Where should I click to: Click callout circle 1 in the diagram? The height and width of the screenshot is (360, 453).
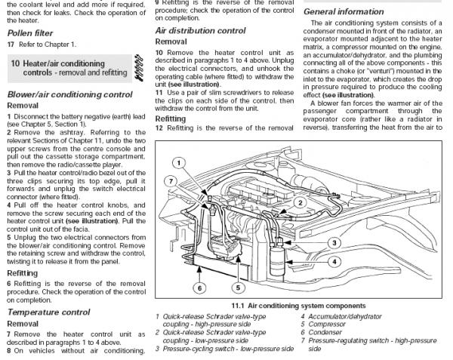(177, 162)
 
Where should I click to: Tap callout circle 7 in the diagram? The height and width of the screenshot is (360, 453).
(172, 182)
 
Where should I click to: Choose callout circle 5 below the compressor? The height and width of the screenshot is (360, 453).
(237, 288)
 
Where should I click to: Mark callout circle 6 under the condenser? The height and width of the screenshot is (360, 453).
(199, 288)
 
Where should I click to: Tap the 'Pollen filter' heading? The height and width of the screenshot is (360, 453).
(31, 34)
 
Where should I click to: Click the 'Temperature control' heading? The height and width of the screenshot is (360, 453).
(48, 312)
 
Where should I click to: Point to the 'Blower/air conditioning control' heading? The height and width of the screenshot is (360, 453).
(69, 94)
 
